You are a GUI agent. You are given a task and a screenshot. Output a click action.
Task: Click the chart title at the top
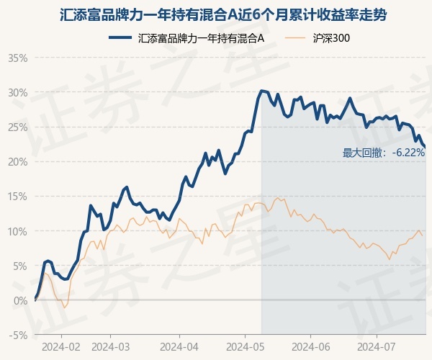click(x=216, y=14)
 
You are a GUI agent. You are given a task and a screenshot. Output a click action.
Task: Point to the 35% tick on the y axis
click(x=17, y=58)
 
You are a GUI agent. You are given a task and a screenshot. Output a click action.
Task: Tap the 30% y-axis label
click(x=17, y=92)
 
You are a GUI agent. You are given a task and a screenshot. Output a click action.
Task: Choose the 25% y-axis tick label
click(x=17, y=127)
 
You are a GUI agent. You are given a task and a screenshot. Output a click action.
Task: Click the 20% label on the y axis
click(x=17, y=161)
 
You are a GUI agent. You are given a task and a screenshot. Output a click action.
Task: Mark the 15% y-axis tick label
click(x=17, y=196)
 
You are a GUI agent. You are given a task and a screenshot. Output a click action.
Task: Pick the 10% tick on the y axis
click(x=17, y=231)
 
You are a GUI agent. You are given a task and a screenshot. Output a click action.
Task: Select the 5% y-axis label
click(x=20, y=266)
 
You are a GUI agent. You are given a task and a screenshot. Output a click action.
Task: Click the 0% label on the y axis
click(x=20, y=300)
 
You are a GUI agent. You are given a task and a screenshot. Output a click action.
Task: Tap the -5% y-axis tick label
click(x=19, y=335)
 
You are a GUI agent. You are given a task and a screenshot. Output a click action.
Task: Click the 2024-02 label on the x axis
click(x=60, y=346)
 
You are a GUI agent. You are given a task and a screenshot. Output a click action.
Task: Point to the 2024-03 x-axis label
click(x=110, y=346)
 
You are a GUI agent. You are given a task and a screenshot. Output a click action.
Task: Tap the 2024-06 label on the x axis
click(x=310, y=346)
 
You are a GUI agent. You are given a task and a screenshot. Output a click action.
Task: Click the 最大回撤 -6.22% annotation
click(x=384, y=153)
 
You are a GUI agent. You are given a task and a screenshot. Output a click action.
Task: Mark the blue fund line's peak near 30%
click(x=261, y=91)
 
